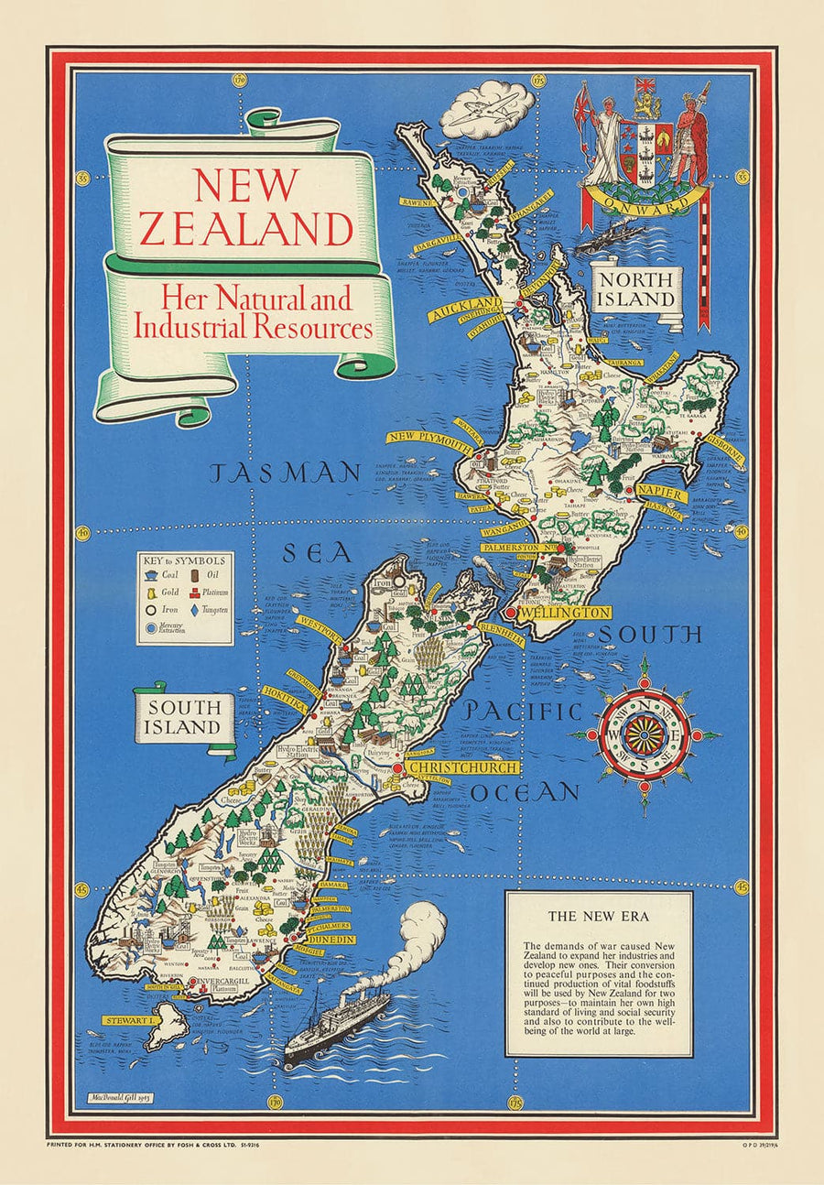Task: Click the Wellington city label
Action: pyautogui.click(x=564, y=612)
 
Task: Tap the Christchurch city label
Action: pyautogui.click(x=462, y=767)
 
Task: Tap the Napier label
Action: pyautogui.click(x=662, y=494)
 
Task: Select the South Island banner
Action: pyautogui.click(x=185, y=718)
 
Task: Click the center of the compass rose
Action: pyautogui.click(x=645, y=734)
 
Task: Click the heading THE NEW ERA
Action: pyautogui.click(x=598, y=914)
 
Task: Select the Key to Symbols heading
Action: pyautogui.click(x=185, y=560)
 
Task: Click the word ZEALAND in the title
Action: pyautogui.click(x=247, y=227)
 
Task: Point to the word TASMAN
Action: pyautogui.click(x=286, y=473)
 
